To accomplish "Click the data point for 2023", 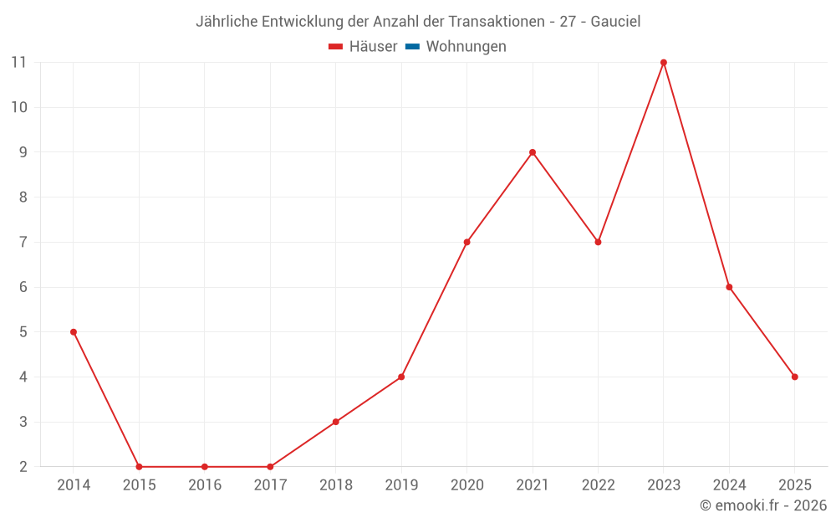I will pos(664,63).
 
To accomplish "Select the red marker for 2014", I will pos(74,332).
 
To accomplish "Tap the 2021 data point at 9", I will pos(533,152).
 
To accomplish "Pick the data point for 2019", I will pos(401,377).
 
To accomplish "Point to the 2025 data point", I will pos(795,377).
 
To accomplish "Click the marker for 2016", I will pos(205,467).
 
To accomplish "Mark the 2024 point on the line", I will pos(729,287).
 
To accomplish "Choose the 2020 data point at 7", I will pos(466,242).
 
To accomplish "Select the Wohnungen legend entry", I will pos(466,47).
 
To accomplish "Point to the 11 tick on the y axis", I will pos(19,62).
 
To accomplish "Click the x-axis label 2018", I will pos(336,485).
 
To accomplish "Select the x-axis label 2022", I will pos(598,485).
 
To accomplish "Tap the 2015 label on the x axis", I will pos(139,485).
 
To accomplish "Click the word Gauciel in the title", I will pos(615,22).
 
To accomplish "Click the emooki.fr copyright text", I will pos(763,505).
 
